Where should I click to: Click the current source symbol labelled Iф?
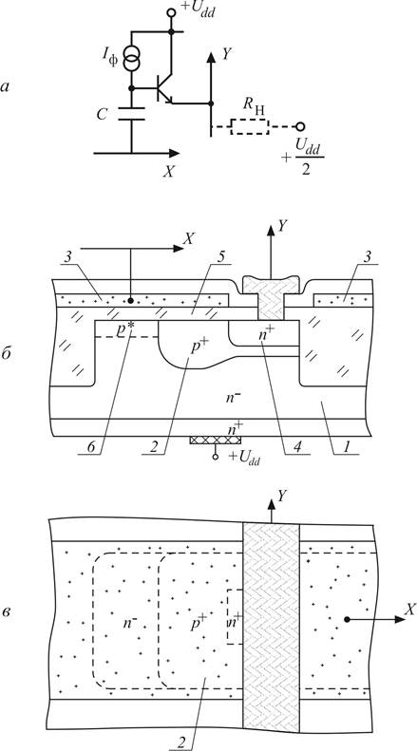tap(131, 59)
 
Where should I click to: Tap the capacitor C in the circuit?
tap(131, 114)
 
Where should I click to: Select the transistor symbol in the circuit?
tap(164, 89)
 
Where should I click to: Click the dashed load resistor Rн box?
tap(250, 126)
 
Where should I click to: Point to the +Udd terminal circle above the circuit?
tap(171, 12)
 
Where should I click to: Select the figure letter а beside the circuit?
tap(6, 87)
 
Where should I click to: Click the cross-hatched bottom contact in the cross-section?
tap(216, 440)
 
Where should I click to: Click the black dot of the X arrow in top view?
tap(347, 619)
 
